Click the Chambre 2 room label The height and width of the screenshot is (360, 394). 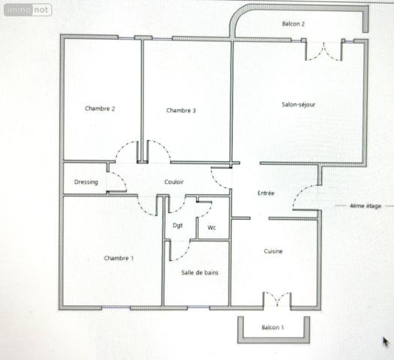(x=100, y=109)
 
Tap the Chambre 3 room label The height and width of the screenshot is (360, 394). (x=181, y=111)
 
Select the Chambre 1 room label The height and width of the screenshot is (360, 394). (x=119, y=259)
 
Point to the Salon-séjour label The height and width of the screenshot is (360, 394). (x=298, y=104)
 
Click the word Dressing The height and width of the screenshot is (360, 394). (x=86, y=182)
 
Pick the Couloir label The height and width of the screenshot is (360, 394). (x=174, y=182)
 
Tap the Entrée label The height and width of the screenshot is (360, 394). (x=266, y=193)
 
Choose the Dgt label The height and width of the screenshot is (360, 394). (x=178, y=225)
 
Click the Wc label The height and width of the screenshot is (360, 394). (x=212, y=226)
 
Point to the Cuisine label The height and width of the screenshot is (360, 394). (x=273, y=251)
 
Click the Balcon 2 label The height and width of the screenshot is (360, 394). (x=293, y=24)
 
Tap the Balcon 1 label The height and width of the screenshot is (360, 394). (x=272, y=328)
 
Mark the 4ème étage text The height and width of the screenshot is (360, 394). (x=365, y=205)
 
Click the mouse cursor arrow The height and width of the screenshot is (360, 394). (x=386, y=341)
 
